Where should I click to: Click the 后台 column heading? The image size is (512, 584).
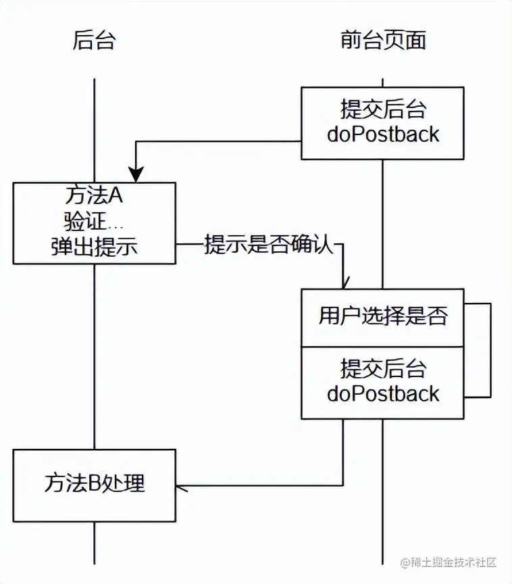pos(94,41)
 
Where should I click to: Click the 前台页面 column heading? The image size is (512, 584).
pos(383,41)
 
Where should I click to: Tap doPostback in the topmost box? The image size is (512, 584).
pos(383,134)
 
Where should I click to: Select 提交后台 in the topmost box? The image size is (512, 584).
pos(383,109)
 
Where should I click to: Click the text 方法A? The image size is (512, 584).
pos(94,196)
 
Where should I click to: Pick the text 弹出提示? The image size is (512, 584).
pos(94,246)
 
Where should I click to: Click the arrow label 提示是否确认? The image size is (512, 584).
pos(270,244)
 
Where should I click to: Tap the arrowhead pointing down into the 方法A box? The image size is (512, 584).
pos(137,174)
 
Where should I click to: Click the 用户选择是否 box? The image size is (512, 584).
pos(383,316)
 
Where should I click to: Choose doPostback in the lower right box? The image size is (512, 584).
pos(383,393)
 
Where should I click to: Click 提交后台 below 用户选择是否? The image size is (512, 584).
pos(383,369)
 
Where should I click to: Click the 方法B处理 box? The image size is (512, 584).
pos(94,484)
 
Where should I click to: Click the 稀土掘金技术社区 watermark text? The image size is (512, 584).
pos(453,562)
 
